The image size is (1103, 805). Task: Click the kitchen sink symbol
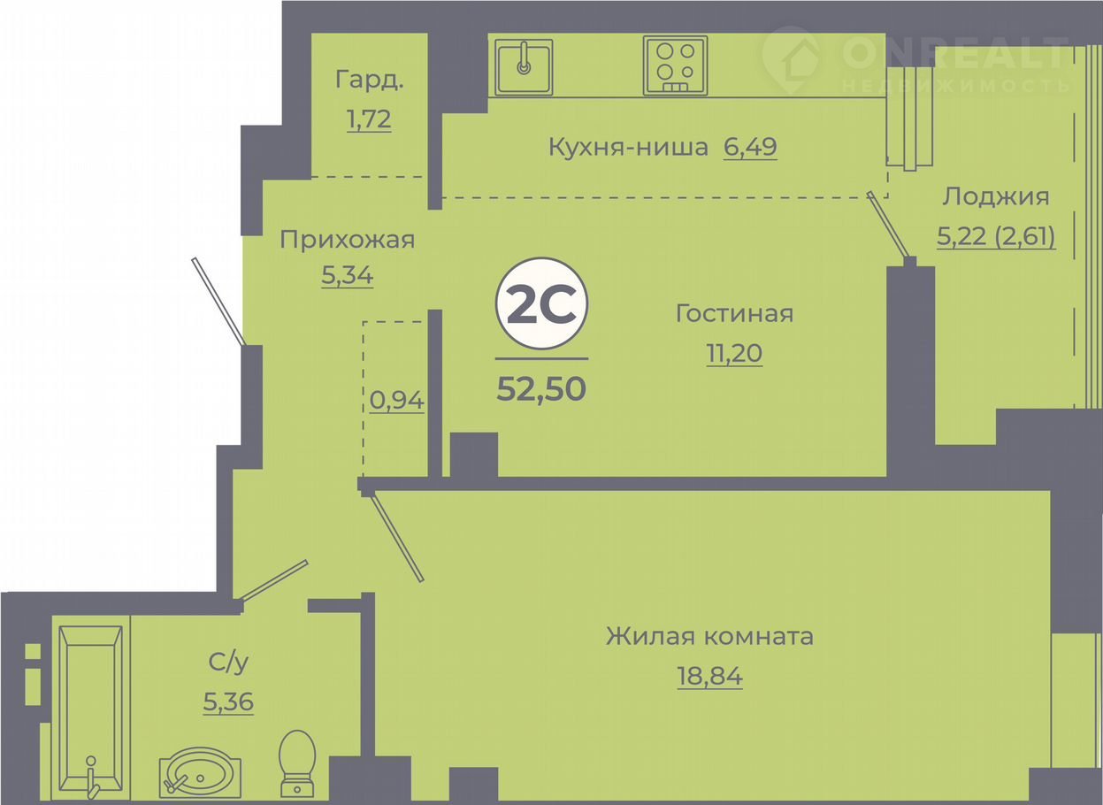[524, 67]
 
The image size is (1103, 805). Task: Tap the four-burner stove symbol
[675, 65]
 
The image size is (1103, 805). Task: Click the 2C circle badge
[541, 303]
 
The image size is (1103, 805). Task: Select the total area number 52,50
[541, 388]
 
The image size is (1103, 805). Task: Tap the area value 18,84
[709, 676]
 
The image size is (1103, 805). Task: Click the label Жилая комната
[709, 636]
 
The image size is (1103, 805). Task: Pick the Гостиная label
[734, 314]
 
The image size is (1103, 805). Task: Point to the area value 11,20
[734, 353]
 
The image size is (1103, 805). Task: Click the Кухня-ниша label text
[628, 147]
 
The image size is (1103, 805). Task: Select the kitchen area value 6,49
[750, 147]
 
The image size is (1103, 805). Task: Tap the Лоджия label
[996, 197]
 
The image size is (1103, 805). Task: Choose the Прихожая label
[347, 240]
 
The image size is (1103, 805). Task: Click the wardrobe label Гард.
[370, 80]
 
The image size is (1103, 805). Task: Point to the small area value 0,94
[396, 400]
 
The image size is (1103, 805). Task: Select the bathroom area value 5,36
[228, 701]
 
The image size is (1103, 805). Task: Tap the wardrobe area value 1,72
[370, 119]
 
